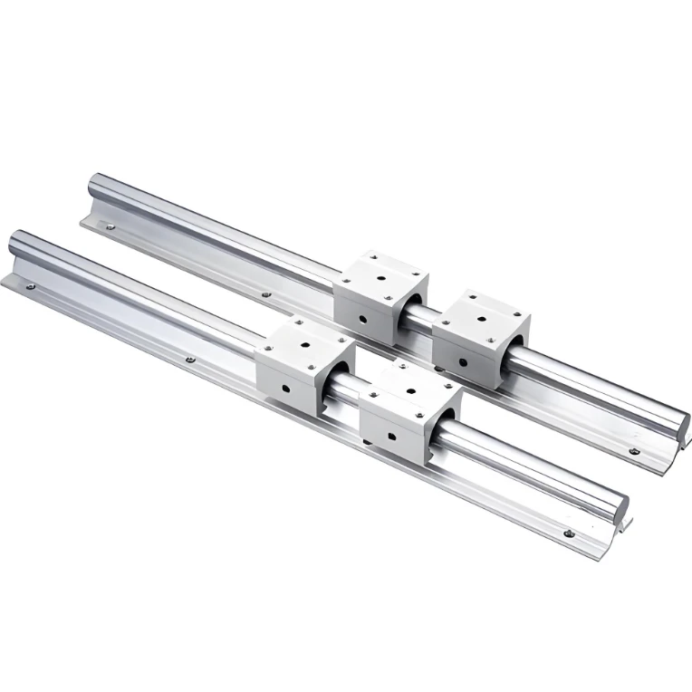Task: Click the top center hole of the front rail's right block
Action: coord(410,390)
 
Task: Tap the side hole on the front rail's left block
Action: coord(285,389)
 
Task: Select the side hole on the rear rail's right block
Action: coord(463,362)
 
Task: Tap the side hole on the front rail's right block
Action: coord(391,437)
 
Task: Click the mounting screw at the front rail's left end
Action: coord(31,287)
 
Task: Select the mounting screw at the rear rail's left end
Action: coord(110,227)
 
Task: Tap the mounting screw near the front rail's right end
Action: coord(568,534)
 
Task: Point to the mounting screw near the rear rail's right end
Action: coord(634,450)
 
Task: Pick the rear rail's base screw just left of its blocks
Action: coord(264,293)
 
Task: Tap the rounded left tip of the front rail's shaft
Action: coord(14,242)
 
